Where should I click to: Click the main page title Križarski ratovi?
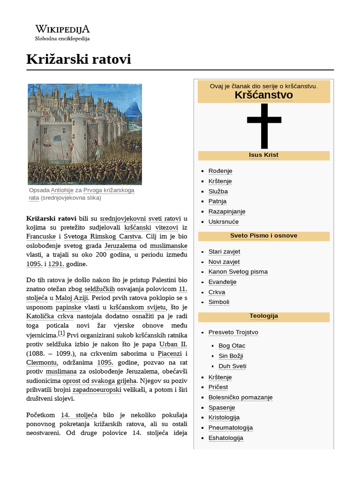pos(78,59)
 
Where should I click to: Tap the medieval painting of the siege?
pos(85,134)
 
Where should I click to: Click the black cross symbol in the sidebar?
pos(264,125)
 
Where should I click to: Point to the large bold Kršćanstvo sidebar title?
pos(263,95)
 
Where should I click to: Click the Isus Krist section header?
pos(263,155)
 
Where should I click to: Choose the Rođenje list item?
pos(220,171)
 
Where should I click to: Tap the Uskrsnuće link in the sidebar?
pos(223,222)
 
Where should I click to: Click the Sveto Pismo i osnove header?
pos(263,236)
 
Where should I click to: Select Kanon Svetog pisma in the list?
pos(238,272)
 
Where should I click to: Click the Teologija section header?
pos(263,316)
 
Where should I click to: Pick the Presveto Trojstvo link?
pos(233,332)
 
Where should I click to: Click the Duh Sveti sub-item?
pos(232,366)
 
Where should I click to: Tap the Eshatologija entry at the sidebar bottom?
pos(225,438)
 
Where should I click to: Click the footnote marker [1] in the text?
pos(61,333)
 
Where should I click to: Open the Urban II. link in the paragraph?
pos(173,345)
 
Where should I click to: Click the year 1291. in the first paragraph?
pos(56,264)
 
